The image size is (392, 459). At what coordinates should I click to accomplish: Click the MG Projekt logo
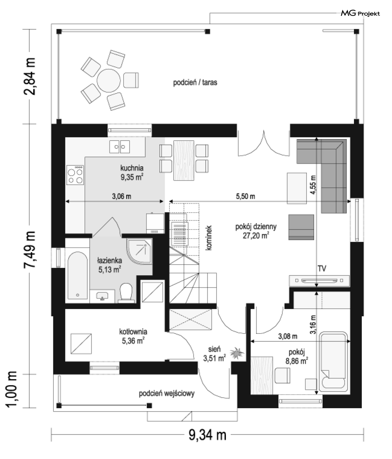[x=360, y=13]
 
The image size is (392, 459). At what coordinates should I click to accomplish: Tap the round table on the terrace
[x=109, y=81]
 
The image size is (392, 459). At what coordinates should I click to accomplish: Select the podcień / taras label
[x=195, y=82]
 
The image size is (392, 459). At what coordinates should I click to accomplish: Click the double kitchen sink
[x=119, y=147]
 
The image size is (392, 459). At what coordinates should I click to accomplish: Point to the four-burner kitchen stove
[x=75, y=175]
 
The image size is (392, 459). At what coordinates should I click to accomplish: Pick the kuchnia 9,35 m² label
[x=132, y=172]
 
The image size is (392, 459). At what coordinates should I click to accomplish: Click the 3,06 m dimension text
[x=121, y=196]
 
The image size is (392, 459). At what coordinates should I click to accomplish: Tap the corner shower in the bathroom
[x=140, y=252]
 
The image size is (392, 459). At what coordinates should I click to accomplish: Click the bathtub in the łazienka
[x=77, y=275]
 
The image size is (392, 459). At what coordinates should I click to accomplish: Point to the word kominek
[x=209, y=238]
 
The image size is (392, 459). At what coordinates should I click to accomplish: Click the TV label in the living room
[x=322, y=268]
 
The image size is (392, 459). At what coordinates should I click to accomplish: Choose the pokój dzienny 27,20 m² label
[x=256, y=231]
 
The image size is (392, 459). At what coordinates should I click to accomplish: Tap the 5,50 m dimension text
[x=245, y=196]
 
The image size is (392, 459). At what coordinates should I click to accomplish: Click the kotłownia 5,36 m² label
[x=133, y=336]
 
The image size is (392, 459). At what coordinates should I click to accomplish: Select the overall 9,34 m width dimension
[x=208, y=435]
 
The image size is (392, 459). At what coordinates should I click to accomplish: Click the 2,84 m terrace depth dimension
[x=29, y=76]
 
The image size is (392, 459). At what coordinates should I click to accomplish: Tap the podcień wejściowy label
[x=167, y=393]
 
